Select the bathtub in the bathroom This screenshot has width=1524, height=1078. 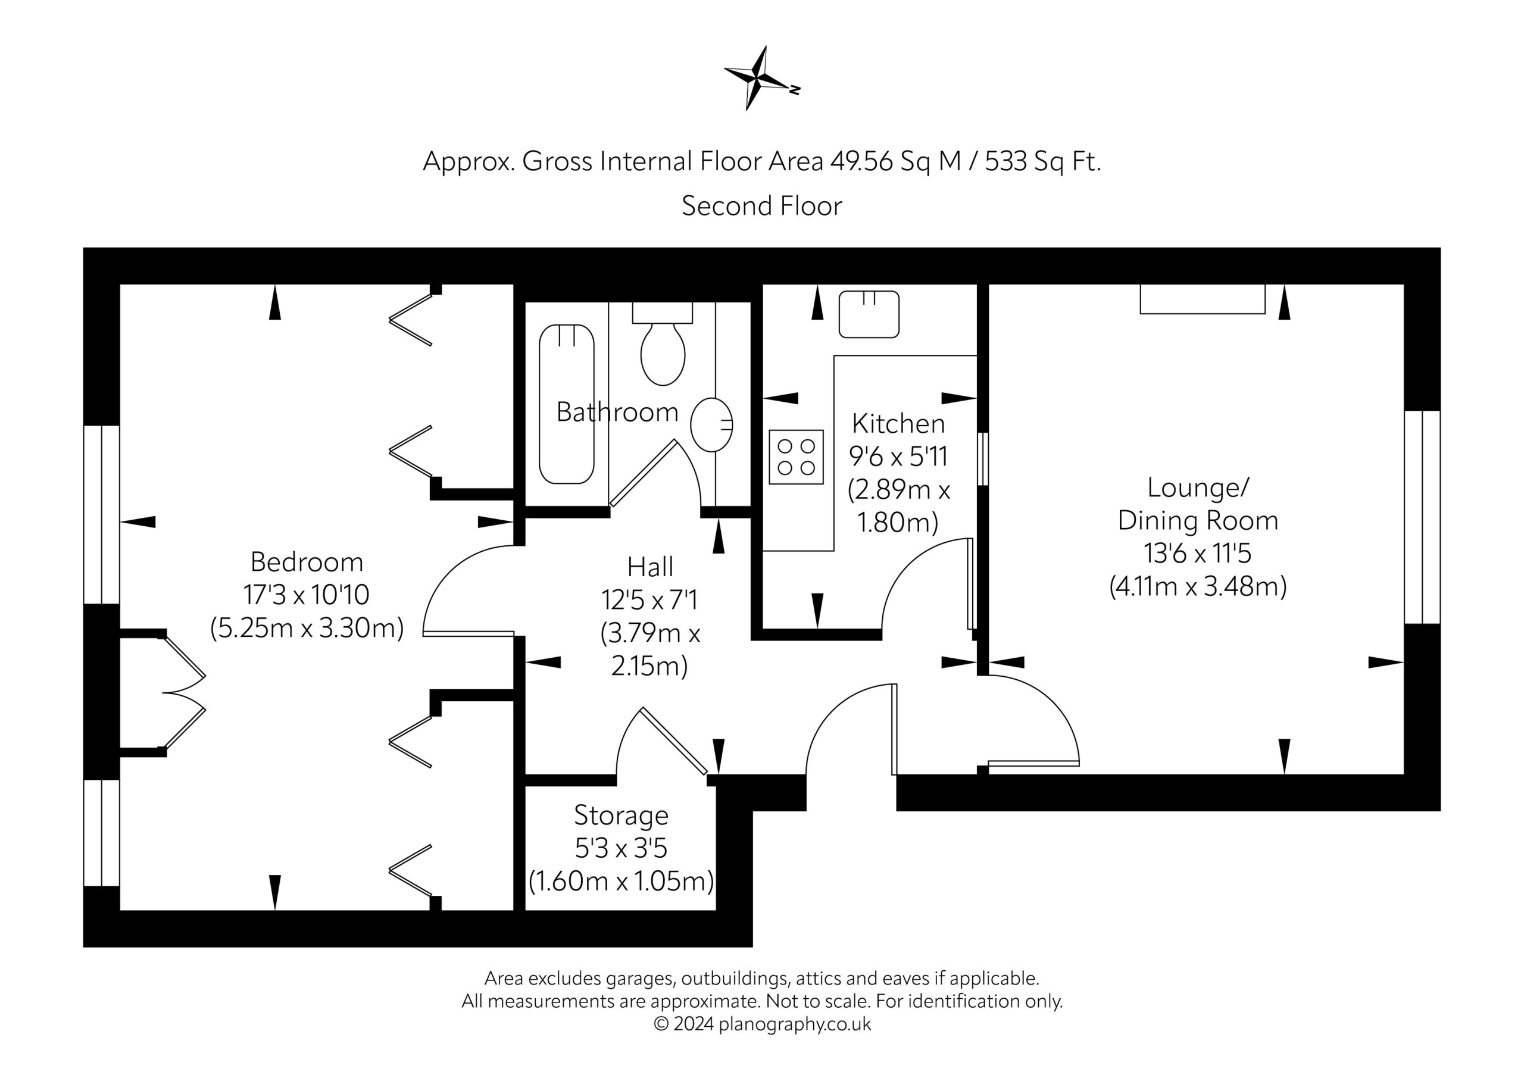tap(566, 404)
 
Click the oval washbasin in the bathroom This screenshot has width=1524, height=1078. tap(711, 424)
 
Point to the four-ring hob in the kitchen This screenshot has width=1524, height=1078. tap(796, 457)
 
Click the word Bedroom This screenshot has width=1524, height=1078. tap(307, 563)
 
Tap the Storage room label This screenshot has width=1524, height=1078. tap(621, 815)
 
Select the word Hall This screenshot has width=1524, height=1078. tap(650, 567)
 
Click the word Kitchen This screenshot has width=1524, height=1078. tap(898, 423)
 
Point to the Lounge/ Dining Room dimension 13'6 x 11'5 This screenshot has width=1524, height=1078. tap(1197, 553)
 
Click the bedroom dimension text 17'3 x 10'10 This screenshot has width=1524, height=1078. tap(306, 595)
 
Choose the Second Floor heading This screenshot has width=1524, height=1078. tap(761, 206)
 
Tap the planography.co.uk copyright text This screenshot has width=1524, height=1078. tap(762, 1024)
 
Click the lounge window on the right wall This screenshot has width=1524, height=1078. tap(1422, 517)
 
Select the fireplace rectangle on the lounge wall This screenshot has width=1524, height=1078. tap(1202, 299)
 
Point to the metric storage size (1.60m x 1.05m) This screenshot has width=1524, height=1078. tap(621, 881)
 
